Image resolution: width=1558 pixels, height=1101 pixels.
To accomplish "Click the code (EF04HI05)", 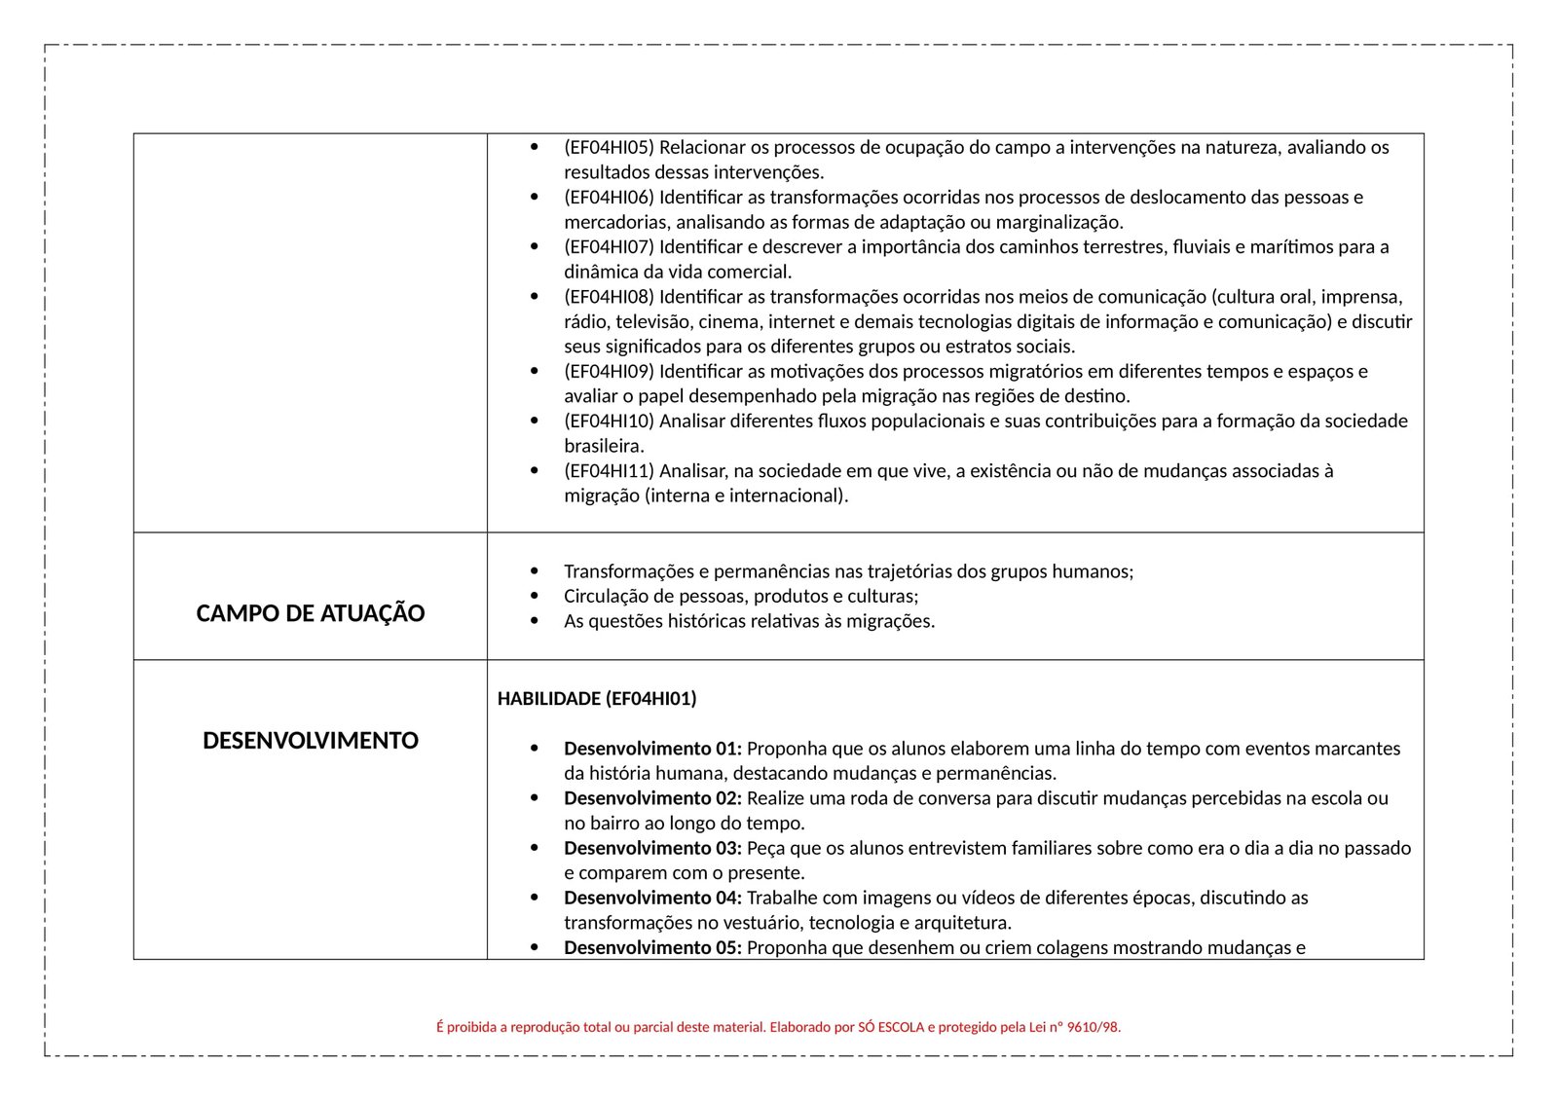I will [x=609, y=148].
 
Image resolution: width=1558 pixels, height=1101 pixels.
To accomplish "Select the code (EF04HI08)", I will [x=609, y=297].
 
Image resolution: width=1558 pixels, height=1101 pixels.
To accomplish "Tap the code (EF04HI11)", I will [x=609, y=471].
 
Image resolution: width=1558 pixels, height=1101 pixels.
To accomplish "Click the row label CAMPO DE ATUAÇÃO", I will [x=310, y=613].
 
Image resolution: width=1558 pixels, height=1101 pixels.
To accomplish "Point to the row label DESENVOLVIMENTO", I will [x=310, y=741].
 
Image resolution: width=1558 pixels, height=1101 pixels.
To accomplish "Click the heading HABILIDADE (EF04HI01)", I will [x=597, y=699].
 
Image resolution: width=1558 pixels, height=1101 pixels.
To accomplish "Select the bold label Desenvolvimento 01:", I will [x=652, y=749].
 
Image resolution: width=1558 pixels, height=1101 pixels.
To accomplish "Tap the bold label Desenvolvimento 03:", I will [x=652, y=848].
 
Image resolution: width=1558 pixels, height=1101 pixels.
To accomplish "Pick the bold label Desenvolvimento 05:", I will [x=652, y=947].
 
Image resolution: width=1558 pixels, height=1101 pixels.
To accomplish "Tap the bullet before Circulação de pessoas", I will [x=534, y=596].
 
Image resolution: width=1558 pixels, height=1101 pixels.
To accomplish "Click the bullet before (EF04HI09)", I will [x=534, y=371].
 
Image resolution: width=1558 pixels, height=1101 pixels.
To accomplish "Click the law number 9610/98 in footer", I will [x=1093, y=1027].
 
